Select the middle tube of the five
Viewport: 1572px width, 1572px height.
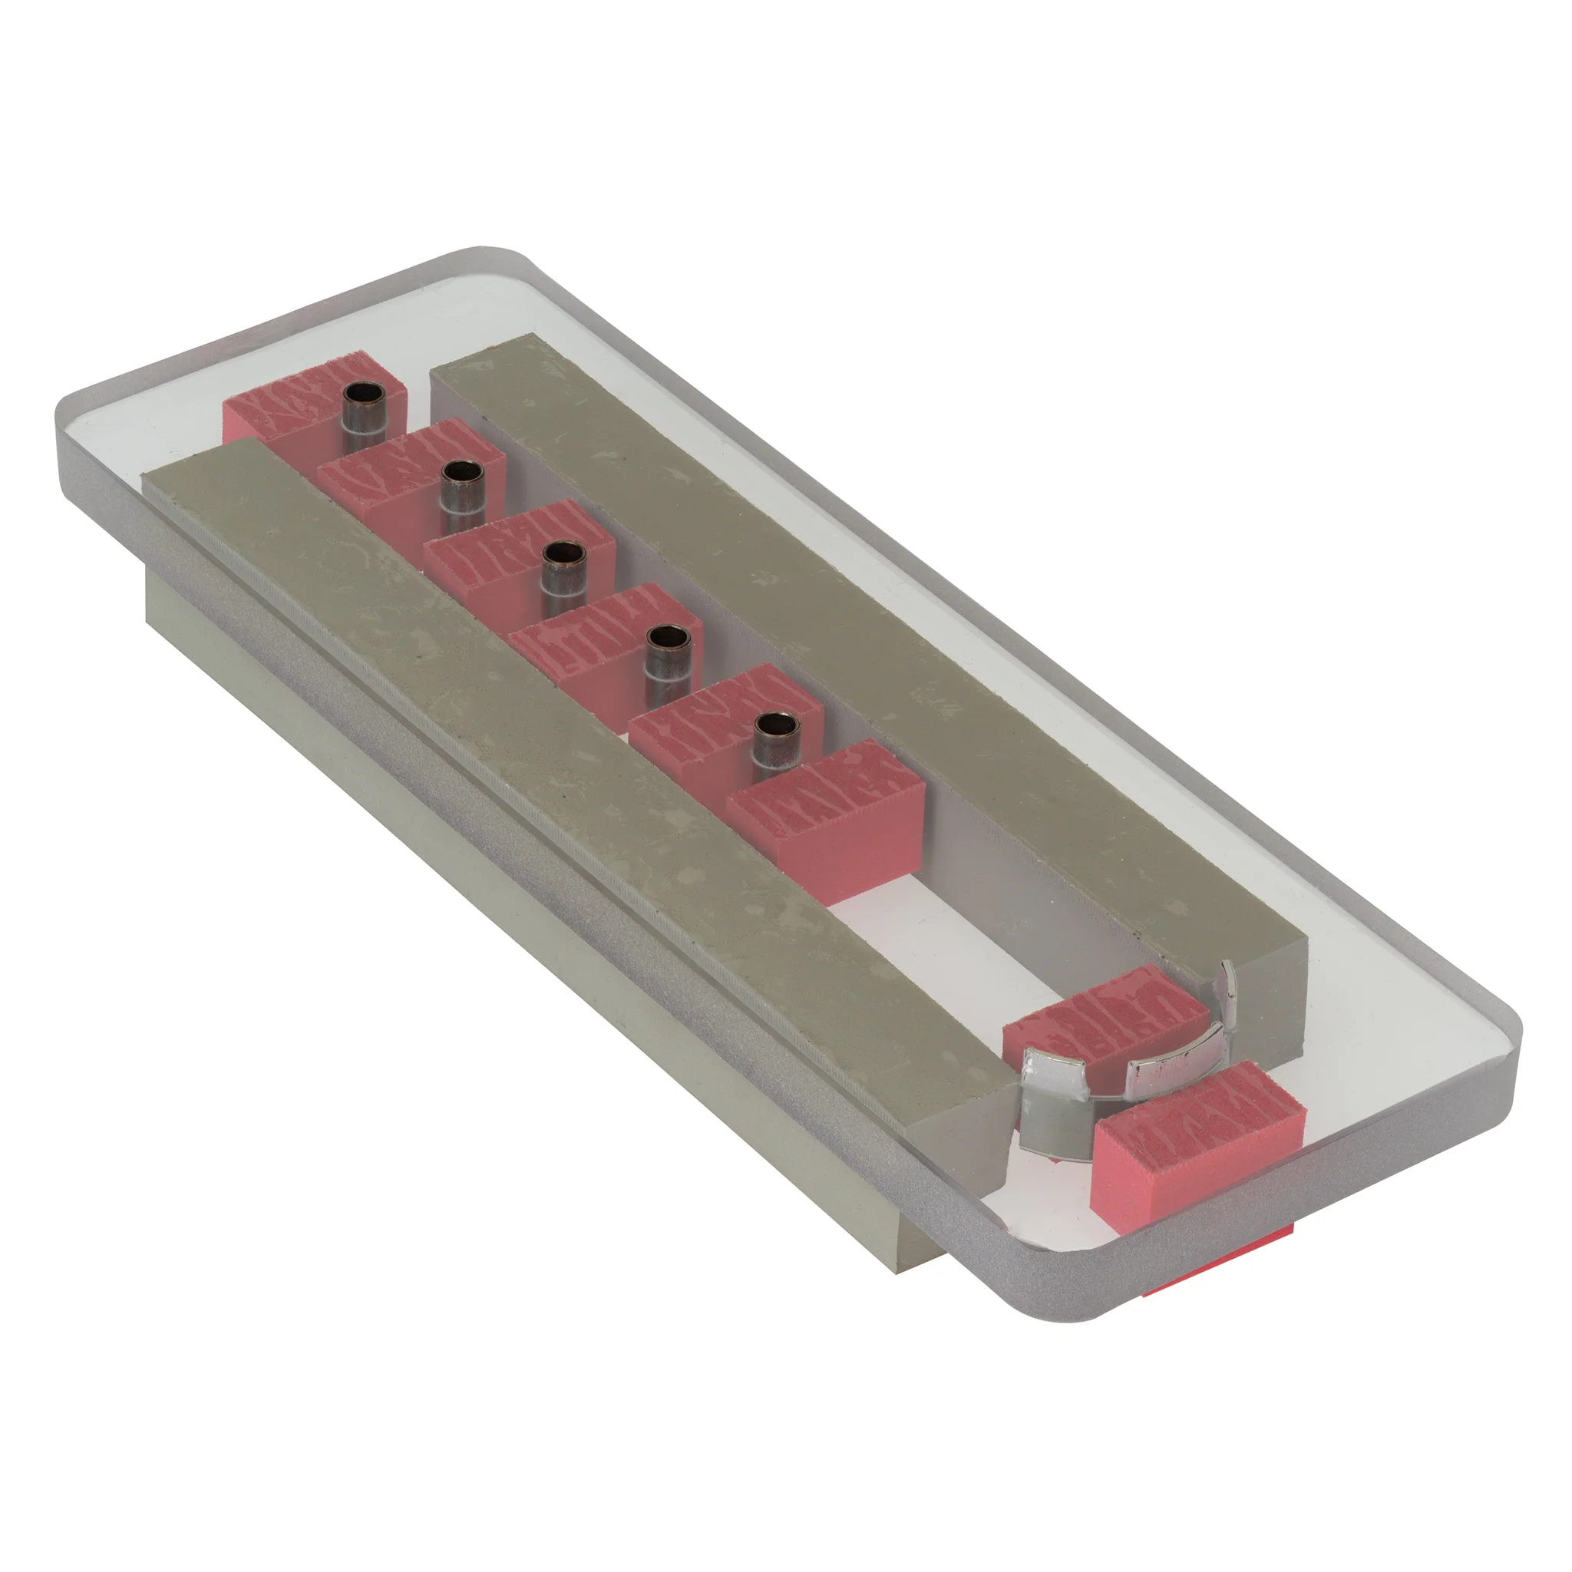click(565, 572)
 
